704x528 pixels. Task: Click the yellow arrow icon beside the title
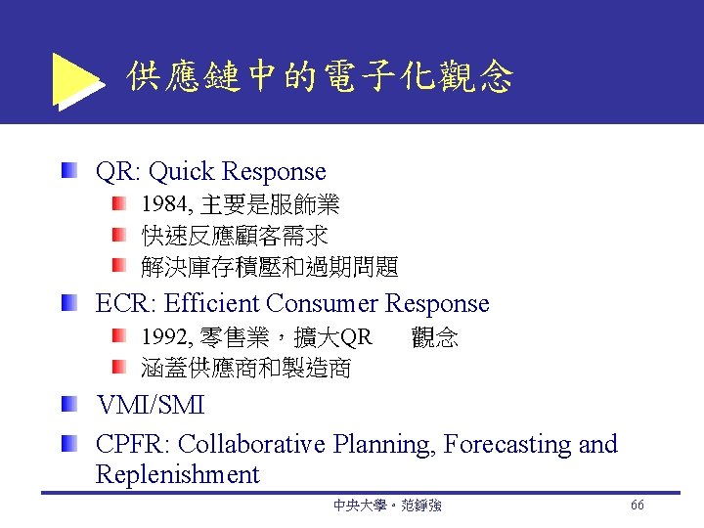(x=76, y=78)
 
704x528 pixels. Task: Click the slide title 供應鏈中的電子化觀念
(x=320, y=77)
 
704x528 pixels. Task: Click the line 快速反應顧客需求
(x=235, y=236)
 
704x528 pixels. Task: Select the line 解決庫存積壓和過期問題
(x=270, y=266)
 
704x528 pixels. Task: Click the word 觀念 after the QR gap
(x=435, y=338)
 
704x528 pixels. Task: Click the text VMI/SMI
(x=150, y=405)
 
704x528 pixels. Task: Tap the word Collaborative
(x=253, y=445)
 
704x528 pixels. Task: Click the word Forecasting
(x=507, y=445)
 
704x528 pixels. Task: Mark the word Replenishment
(x=177, y=476)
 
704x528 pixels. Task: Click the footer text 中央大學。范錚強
(x=387, y=506)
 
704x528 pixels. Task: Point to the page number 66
(x=637, y=505)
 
